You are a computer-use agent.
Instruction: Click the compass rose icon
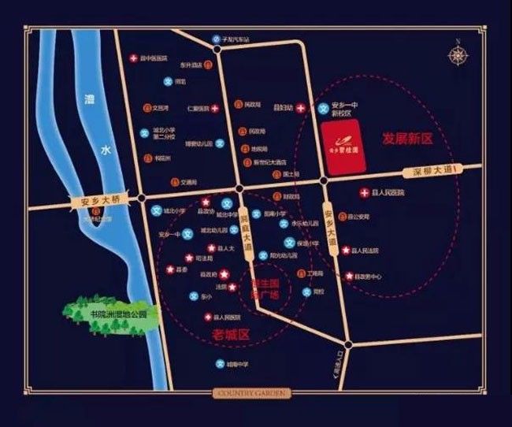457,56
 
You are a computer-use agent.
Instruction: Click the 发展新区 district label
407,138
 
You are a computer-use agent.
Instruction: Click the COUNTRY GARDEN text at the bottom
252,392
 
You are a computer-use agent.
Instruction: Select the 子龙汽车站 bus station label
236,40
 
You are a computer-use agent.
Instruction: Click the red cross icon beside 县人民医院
364,193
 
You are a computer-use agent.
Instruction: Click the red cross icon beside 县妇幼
300,108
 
